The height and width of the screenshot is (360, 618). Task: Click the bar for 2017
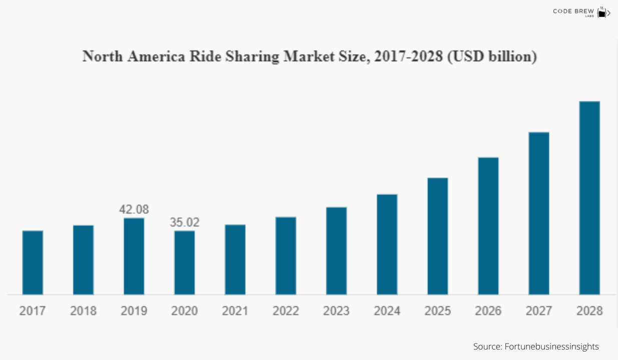pyautogui.click(x=33, y=262)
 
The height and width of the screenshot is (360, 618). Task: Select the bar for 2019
pyautogui.click(x=134, y=256)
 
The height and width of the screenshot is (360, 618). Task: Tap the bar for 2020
pyautogui.click(x=185, y=262)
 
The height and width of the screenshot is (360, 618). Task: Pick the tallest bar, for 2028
pyautogui.click(x=589, y=198)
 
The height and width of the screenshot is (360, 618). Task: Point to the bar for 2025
pyautogui.click(x=438, y=236)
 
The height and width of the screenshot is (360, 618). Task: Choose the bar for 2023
pyautogui.click(x=336, y=250)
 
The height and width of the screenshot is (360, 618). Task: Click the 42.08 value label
pyautogui.click(x=134, y=209)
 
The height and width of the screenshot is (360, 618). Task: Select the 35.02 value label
pyautogui.click(x=185, y=222)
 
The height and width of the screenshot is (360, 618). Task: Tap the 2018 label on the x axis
pyautogui.click(x=84, y=311)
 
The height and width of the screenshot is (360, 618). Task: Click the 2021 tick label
pyautogui.click(x=235, y=311)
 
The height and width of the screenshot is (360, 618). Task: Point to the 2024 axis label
pyautogui.click(x=387, y=311)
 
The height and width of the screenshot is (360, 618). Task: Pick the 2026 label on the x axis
pyautogui.click(x=488, y=311)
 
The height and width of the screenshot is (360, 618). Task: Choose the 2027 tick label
pyautogui.click(x=539, y=311)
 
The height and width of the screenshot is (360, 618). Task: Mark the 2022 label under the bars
pyautogui.click(x=286, y=311)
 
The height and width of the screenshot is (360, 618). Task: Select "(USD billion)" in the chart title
pyautogui.click(x=492, y=56)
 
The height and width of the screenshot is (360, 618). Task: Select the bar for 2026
pyautogui.click(x=488, y=226)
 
